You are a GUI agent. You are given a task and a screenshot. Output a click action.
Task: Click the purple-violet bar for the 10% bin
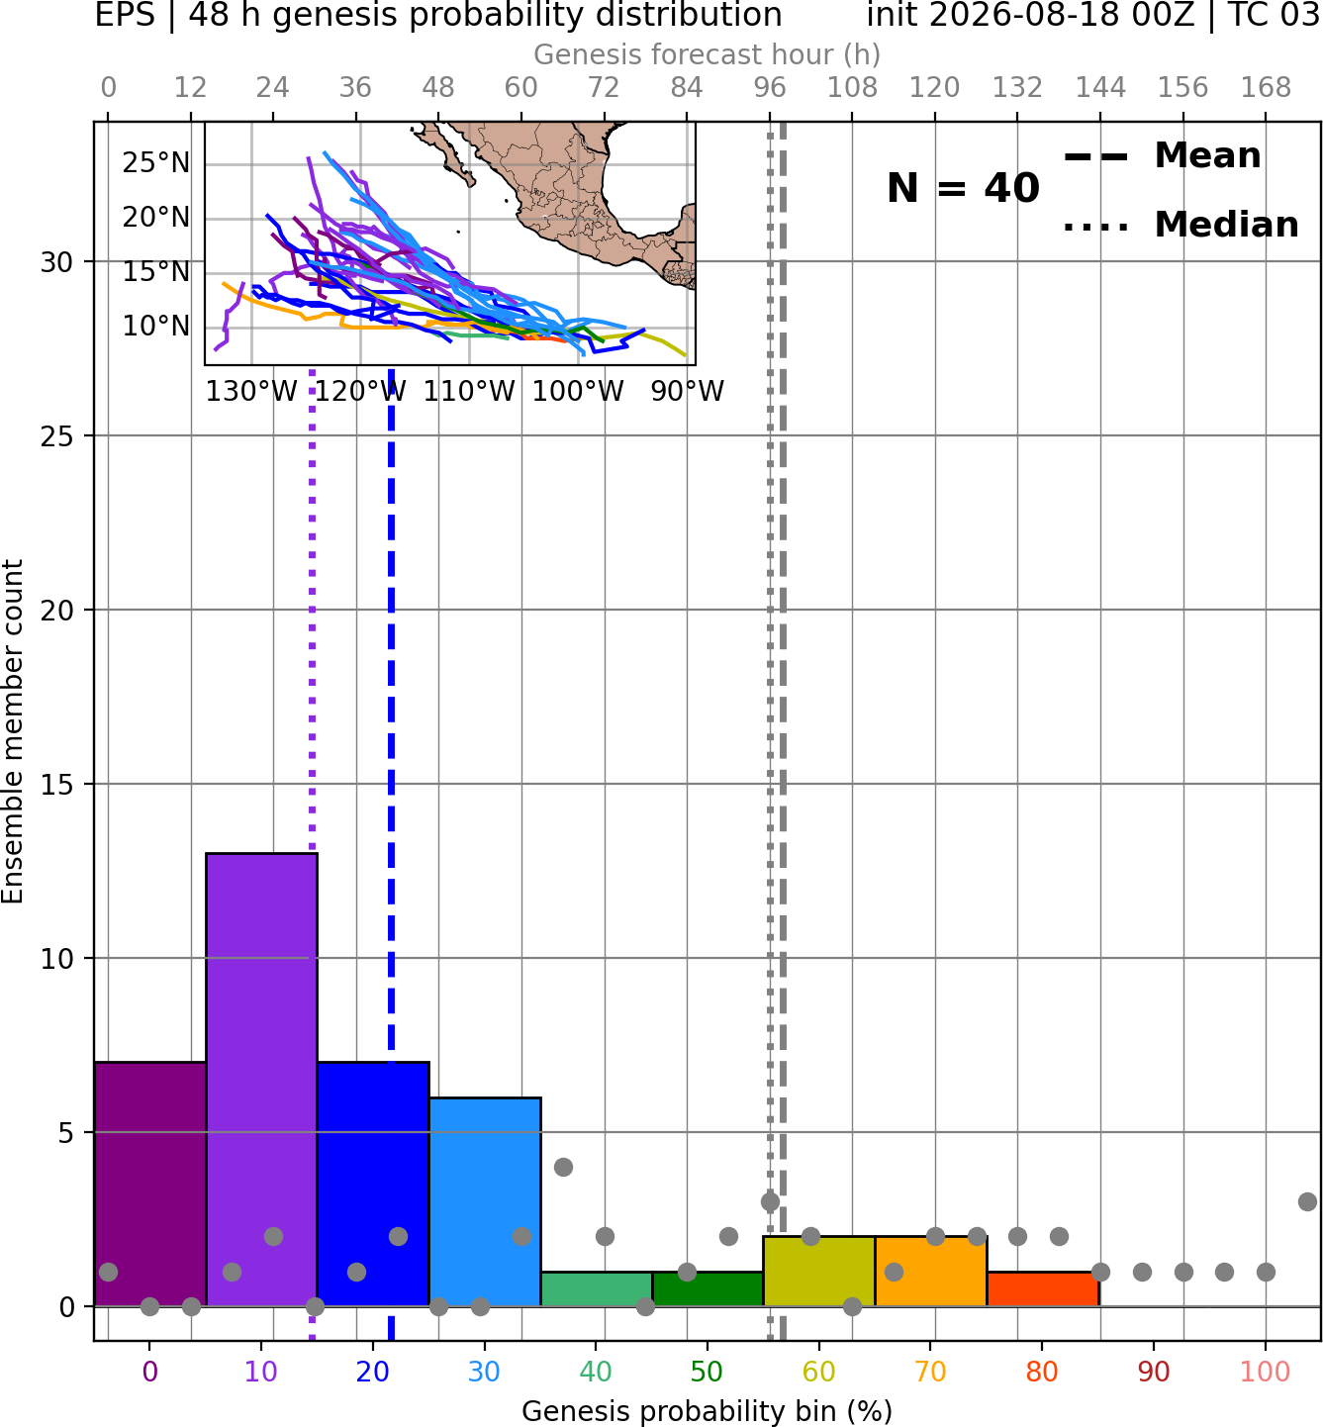coord(261,1080)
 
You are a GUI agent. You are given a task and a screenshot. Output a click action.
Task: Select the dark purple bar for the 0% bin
coord(150,1184)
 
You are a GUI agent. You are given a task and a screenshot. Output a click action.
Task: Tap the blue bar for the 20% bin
coord(374,1184)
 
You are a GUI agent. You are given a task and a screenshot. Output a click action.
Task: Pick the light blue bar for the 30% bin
coord(485,1201)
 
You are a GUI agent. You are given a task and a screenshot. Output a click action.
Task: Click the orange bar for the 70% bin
coord(931,1271)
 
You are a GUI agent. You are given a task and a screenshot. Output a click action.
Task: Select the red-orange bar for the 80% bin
coord(1043,1289)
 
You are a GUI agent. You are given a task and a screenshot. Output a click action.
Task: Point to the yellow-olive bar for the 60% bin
coord(819,1271)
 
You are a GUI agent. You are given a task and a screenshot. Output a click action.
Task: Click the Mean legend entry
coord(1163,156)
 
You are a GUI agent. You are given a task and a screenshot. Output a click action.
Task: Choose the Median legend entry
coord(1181,226)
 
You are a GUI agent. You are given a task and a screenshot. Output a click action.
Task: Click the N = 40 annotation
coord(963,188)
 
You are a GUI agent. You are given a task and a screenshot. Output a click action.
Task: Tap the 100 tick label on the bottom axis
coord(1265,1372)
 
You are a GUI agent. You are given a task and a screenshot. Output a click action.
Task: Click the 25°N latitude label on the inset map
coord(156,164)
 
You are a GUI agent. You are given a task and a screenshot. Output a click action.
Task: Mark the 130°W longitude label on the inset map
coord(251,392)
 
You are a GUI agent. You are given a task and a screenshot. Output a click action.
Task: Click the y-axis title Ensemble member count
coord(13,731)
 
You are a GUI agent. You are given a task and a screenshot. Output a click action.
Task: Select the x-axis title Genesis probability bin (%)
coord(708,1411)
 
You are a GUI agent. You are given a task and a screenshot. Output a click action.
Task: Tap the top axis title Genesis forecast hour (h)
coord(708,54)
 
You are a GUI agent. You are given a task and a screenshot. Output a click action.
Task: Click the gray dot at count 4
coord(563,1167)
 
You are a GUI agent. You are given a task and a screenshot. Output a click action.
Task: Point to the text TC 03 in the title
coord(1275,15)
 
